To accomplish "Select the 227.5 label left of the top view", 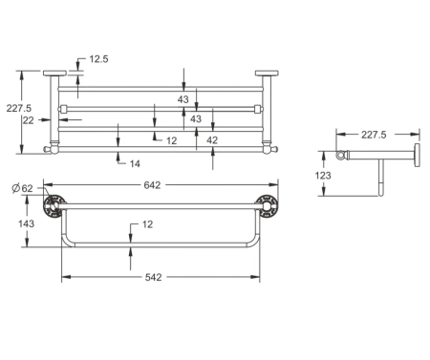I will pyautogui.click(x=15, y=108).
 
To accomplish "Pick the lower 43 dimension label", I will pyautogui.click(x=196, y=119).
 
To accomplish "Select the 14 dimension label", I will pyautogui.click(x=136, y=163).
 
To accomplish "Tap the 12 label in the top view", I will pyautogui.click(x=171, y=139).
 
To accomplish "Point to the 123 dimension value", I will pyautogui.click(x=324, y=177).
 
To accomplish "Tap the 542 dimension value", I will pyautogui.click(x=153, y=277).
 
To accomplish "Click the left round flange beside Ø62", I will pyautogui.click(x=55, y=202).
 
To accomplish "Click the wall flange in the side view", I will pyautogui.click(x=418, y=156).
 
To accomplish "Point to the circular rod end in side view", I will pyautogui.click(x=339, y=156).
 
